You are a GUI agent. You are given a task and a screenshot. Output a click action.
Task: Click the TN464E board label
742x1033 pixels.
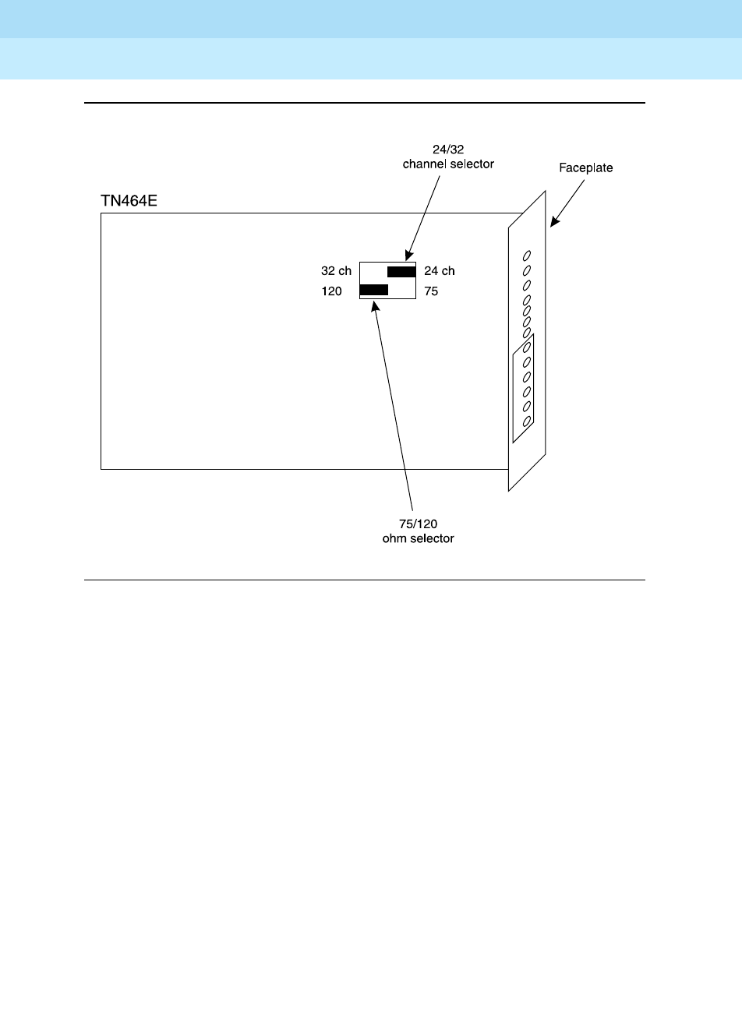[x=129, y=200]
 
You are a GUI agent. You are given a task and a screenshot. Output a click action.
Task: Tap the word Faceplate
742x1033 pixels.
[x=586, y=167]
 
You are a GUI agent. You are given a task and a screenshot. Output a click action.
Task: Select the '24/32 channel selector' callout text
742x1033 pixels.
[x=448, y=157]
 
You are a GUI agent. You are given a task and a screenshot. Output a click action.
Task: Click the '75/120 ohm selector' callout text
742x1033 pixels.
[x=418, y=531]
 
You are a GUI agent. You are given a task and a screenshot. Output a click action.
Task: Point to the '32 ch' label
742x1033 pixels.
[x=336, y=271]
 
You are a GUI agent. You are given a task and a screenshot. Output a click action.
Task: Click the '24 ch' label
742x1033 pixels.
[x=440, y=271]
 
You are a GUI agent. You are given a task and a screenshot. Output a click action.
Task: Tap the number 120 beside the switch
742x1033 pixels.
[x=331, y=291]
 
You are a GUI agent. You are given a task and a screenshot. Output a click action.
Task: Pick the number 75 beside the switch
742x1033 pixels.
[x=431, y=291]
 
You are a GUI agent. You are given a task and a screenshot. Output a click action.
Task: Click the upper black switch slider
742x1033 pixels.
[x=401, y=271]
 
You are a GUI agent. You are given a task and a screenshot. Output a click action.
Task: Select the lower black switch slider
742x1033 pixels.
[x=373, y=291]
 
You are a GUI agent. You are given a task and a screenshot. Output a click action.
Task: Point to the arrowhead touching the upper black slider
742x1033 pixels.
[x=407, y=256]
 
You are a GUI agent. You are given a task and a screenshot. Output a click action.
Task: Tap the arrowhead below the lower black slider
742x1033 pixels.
[x=376, y=305]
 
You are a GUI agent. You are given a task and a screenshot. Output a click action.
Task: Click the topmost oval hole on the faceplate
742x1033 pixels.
[x=527, y=256]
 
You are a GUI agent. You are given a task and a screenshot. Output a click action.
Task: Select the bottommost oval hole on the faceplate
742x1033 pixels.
[x=527, y=421]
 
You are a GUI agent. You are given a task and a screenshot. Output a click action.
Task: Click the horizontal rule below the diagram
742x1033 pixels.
[x=365, y=580]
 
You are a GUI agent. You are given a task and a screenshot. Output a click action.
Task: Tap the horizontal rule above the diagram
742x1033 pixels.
[x=365, y=103]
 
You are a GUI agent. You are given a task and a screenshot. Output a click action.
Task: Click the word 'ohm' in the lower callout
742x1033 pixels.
[x=395, y=538]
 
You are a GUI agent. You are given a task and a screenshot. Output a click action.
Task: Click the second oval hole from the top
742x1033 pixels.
[x=527, y=270]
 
